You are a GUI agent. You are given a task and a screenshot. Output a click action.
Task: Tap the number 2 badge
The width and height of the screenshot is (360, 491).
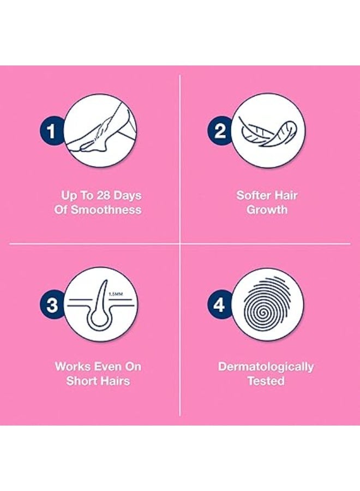point(220,131)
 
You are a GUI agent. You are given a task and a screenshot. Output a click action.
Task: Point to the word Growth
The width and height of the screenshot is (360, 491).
point(267,210)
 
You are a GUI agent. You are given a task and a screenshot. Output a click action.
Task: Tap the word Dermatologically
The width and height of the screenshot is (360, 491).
point(266,366)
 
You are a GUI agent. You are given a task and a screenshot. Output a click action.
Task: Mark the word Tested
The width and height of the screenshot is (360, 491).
point(266,380)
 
